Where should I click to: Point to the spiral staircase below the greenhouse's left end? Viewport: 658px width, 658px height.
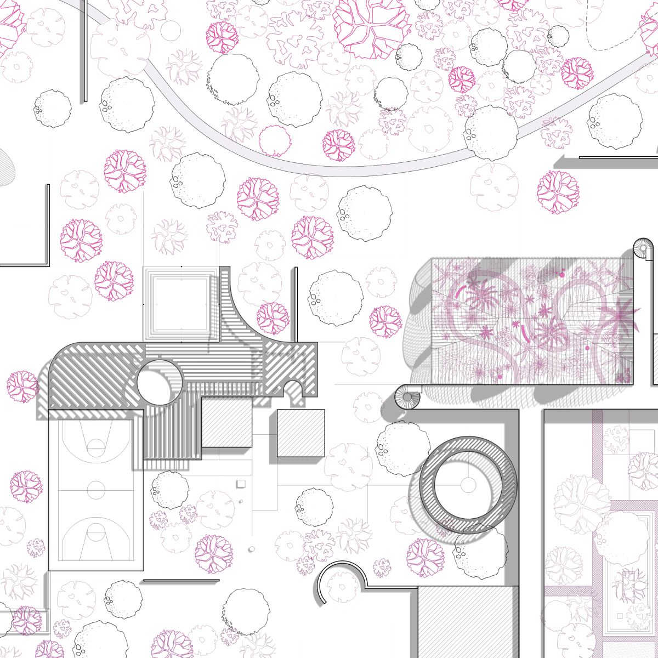tap(408, 397)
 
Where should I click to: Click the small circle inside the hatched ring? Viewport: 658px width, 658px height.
tap(468, 485)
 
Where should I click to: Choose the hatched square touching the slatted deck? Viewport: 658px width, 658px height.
tap(226, 422)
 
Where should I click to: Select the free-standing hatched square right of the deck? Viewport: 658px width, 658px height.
tap(300, 433)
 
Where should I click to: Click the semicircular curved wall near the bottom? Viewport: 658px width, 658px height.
tap(341, 576)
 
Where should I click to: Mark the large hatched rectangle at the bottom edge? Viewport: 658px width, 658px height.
tap(467, 622)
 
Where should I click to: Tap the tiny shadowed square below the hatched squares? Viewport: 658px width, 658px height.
tap(240, 483)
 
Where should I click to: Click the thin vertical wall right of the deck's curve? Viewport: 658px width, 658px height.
tap(296, 304)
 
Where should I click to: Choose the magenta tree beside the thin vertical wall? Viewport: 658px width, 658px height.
tap(273, 318)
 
